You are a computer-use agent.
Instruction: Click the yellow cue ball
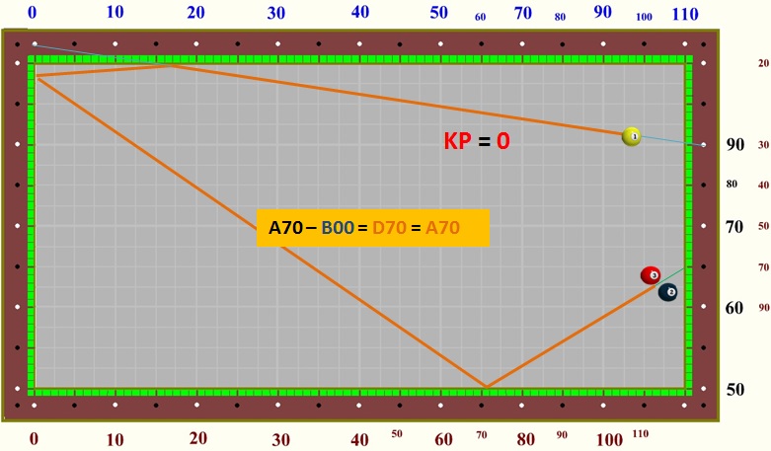coord(632,136)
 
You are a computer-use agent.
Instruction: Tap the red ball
coord(651,275)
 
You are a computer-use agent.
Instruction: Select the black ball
coord(668,292)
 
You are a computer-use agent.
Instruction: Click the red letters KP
coord(457,141)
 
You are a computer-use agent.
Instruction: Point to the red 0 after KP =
coord(502,141)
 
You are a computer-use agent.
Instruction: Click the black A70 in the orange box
coord(285,228)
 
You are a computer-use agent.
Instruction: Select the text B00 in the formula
coord(338,228)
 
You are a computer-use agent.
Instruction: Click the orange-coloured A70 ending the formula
coord(442,228)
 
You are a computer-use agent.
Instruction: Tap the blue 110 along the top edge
coord(685,14)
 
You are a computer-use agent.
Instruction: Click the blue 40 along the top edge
coord(360,13)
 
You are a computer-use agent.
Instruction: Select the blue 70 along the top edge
coord(523,14)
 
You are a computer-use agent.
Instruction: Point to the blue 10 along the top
coord(115,13)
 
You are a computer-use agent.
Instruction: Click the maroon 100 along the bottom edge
coord(609,438)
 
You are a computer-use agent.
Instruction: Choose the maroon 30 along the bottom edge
coord(281,438)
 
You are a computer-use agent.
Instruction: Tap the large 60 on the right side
coord(734,308)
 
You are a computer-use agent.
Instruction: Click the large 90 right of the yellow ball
coord(735,144)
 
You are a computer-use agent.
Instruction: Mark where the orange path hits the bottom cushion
coord(485,387)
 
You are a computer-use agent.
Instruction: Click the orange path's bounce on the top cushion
coord(172,65)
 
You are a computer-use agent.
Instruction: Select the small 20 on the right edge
coord(763,63)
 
